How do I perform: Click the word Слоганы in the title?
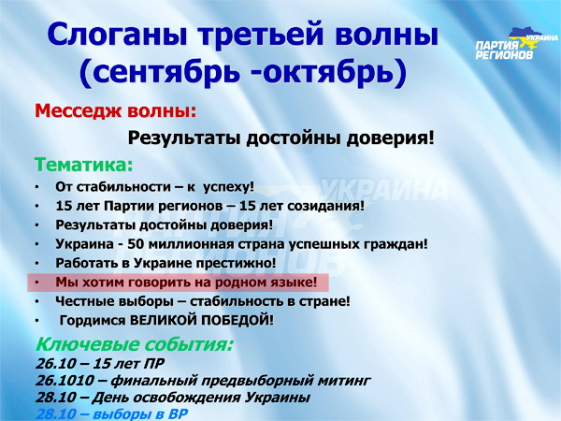pos(119,35)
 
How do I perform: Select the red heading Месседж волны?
pos(116,111)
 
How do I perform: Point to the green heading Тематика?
pos(84,165)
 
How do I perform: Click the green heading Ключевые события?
pos(135,344)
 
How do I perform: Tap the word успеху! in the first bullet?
pos(228,187)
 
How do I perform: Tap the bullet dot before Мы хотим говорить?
pos(37,283)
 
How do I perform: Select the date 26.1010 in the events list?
pos(65,380)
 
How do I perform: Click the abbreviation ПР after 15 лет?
pos(154,363)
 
